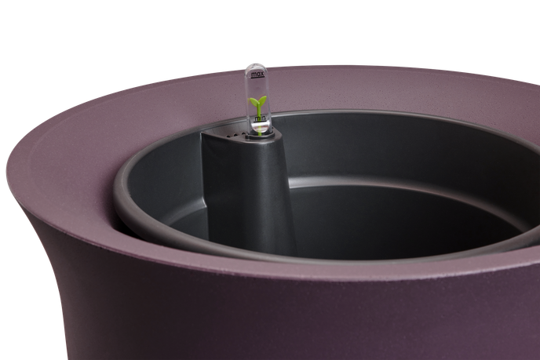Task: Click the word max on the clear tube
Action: (257, 74)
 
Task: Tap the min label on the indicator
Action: (260, 118)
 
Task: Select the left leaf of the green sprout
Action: (253, 101)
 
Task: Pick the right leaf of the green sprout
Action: (262, 100)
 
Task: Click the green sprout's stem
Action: (258, 110)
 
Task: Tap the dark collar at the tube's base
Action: (260, 136)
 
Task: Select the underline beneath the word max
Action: (257, 78)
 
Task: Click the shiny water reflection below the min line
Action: (261, 128)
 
